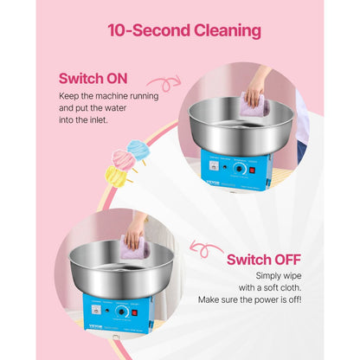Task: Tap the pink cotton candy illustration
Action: pos(122,159)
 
